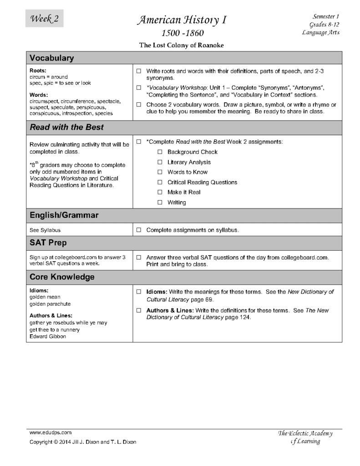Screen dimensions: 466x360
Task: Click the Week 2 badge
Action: click(44, 19)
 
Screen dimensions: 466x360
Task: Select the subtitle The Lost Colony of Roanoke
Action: click(182, 45)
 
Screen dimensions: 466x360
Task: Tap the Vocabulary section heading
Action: click(52, 58)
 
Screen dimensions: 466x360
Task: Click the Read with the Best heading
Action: click(66, 127)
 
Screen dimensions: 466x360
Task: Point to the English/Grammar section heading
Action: click(64, 215)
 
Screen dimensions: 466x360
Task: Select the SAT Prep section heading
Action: click(48, 243)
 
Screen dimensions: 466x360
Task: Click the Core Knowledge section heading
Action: click(62, 277)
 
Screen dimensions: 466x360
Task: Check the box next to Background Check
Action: click(160, 152)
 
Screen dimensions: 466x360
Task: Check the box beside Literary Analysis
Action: click(160, 162)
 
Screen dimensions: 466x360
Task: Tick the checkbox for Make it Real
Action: click(160, 192)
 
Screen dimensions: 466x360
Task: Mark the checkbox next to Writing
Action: click(160, 203)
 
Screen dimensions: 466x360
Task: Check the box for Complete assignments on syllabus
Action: click(139, 230)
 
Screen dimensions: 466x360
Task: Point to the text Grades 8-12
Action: click(324, 24)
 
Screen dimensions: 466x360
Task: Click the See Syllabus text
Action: click(45, 230)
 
